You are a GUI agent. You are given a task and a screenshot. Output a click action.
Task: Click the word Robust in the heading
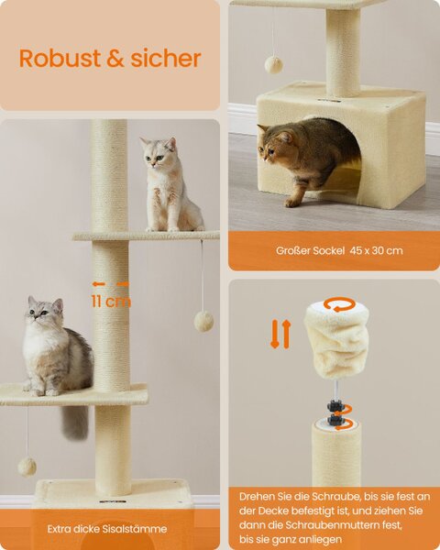[x=60, y=58]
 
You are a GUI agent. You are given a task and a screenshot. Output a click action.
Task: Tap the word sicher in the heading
[x=166, y=58]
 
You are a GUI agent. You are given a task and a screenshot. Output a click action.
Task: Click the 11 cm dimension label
[x=111, y=302]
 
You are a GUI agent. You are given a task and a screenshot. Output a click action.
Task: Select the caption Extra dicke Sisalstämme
[x=107, y=529]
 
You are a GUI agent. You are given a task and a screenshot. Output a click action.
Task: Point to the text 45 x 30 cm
[x=376, y=250]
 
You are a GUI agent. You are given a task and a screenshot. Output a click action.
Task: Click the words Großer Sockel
[x=310, y=251]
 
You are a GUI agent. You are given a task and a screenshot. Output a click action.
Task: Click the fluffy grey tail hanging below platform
[x=75, y=422]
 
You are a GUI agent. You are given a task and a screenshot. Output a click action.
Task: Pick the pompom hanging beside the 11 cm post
[x=203, y=321]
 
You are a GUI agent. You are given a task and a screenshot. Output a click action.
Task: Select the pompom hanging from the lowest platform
[x=27, y=467]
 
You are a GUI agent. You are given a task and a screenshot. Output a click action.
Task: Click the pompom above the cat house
[x=273, y=64]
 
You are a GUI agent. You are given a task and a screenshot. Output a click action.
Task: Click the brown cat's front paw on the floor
[x=291, y=203]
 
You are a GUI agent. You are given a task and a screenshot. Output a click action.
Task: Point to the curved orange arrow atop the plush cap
[x=340, y=304]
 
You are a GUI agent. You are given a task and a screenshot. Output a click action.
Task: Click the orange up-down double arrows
[x=280, y=334]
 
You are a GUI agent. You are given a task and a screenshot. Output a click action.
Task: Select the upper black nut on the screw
[x=334, y=406]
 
